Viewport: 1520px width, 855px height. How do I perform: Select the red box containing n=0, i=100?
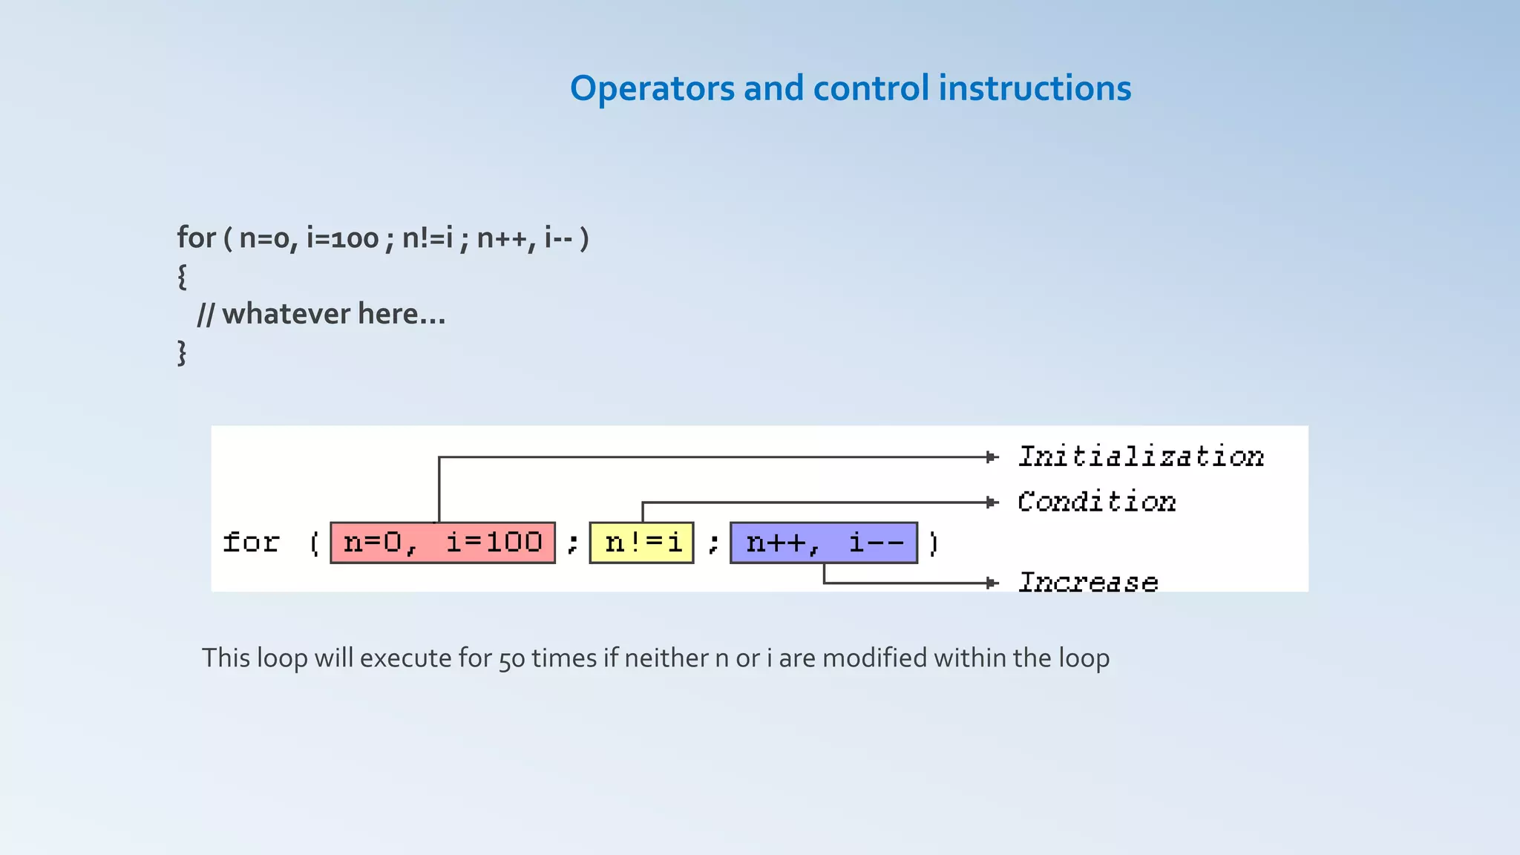pyautogui.click(x=442, y=543)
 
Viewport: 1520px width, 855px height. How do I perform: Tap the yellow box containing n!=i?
pyautogui.click(x=641, y=543)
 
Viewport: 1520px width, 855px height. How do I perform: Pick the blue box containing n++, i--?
pyautogui.click(x=824, y=543)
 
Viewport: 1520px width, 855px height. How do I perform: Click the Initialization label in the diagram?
pyautogui.click(x=1141, y=456)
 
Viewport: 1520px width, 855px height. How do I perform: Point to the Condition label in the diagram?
pyautogui.click(x=1096, y=502)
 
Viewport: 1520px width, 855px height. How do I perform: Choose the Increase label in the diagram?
pyautogui.click(x=1087, y=583)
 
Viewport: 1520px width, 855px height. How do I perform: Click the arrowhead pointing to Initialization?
pyautogui.click(x=992, y=457)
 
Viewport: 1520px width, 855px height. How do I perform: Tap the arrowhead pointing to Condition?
pyautogui.click(x=992, y=502)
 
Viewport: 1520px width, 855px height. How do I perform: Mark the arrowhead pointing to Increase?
pyautogui.click(x=992, y=583)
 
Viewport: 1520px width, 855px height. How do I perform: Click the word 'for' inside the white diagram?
pyautogui.click(x=252, y=543)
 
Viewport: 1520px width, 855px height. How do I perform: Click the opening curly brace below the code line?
pyautogui.click(x=182, y=276)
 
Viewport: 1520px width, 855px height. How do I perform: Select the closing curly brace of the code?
pyautogui.click(x=182, y=353)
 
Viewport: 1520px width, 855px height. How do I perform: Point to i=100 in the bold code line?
pyautogui.click(x=342, y=238)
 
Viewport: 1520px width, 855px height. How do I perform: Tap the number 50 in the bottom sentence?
pyautogui.click(x=512, y=659)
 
